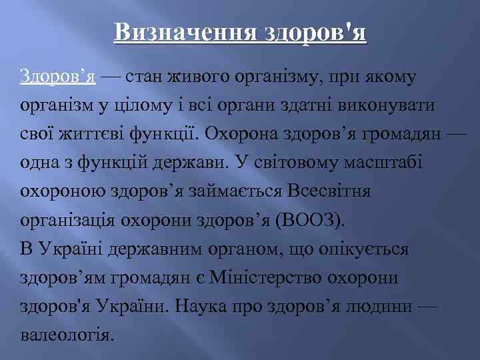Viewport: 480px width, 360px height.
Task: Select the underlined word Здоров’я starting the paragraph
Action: pos(59,77)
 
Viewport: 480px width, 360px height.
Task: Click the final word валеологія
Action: pos(67,335)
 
